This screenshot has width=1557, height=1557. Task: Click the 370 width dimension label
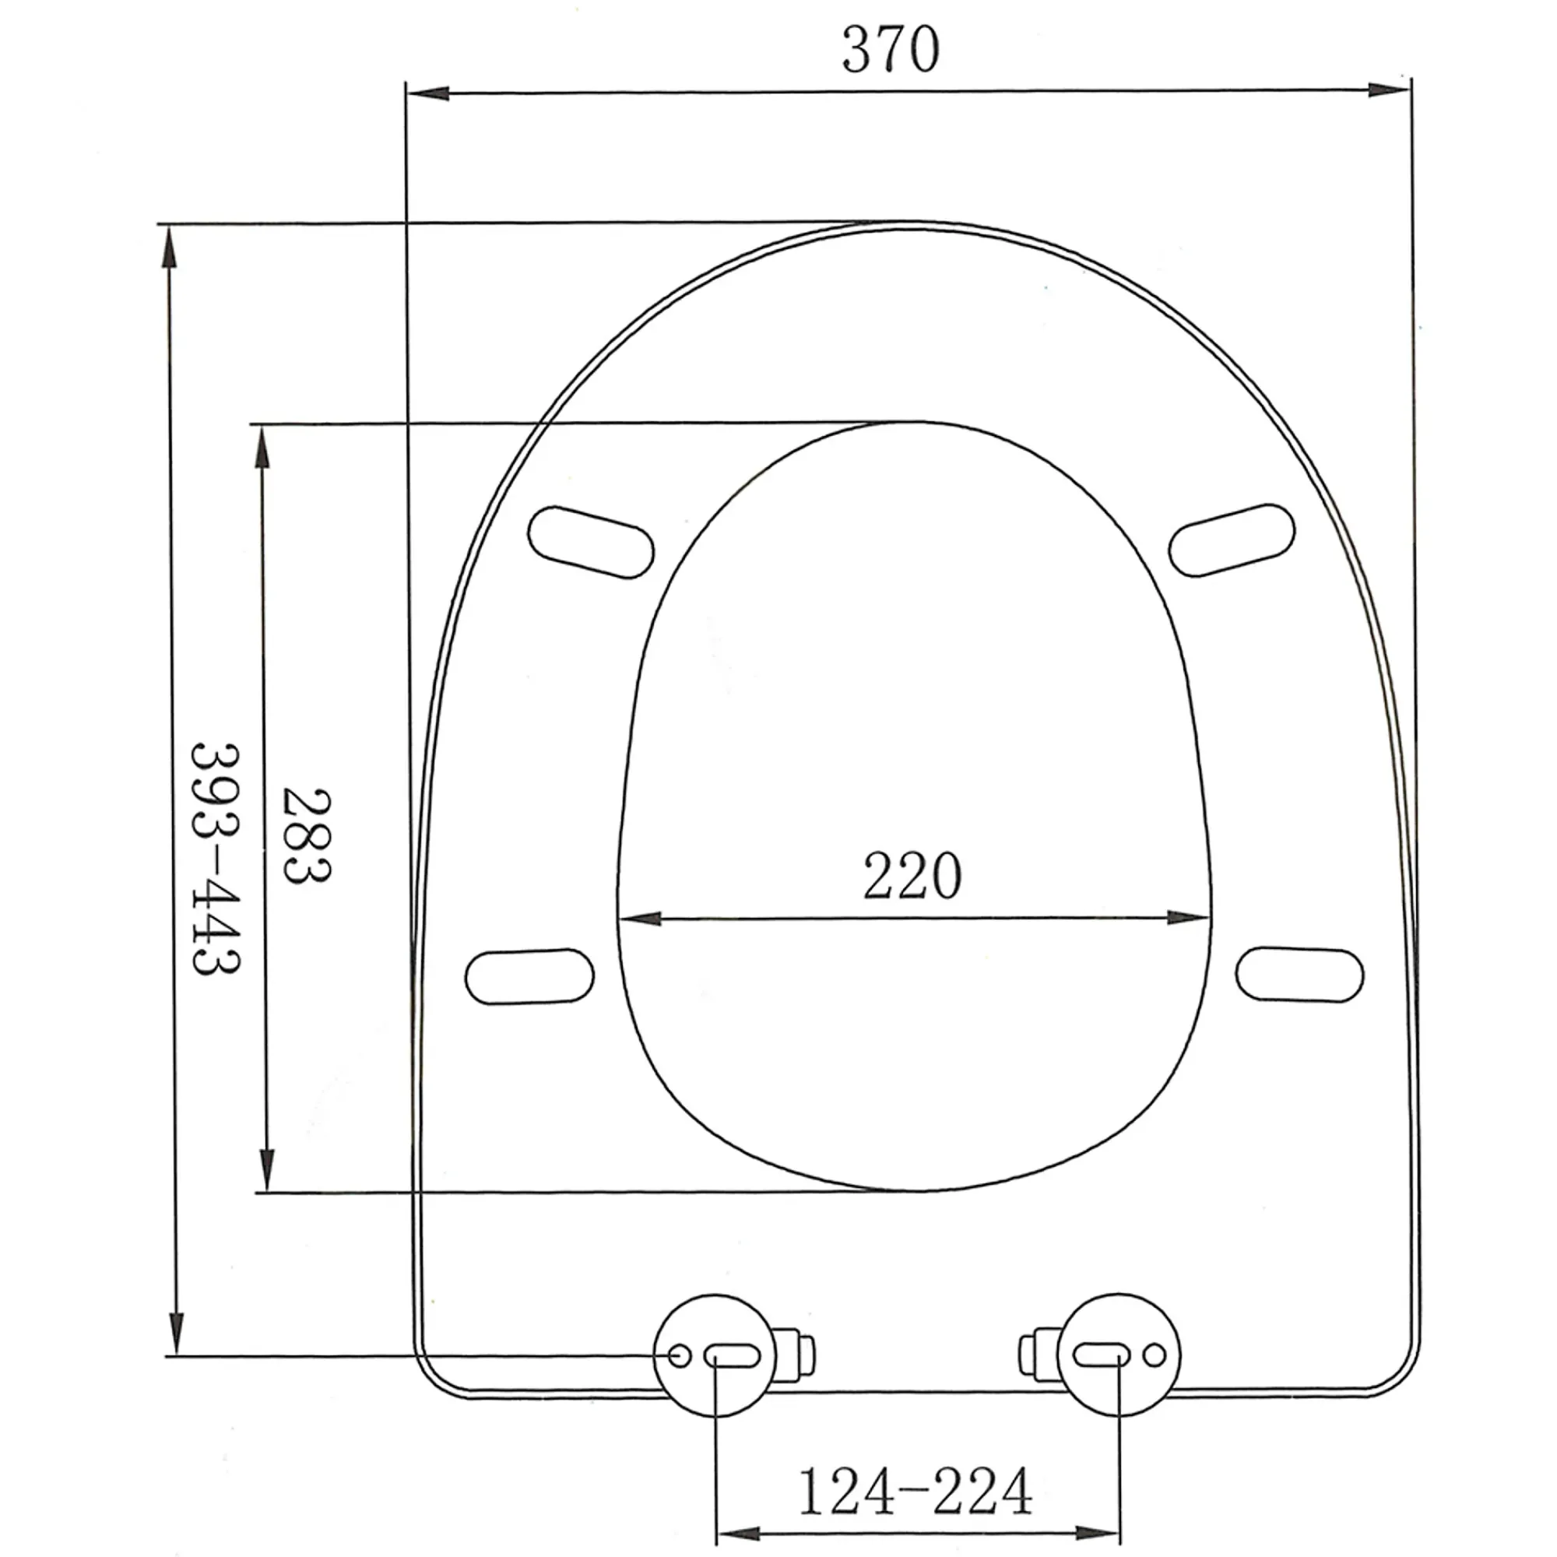(x=891, y=49)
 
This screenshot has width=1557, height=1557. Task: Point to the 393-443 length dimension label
(x=216, y=860)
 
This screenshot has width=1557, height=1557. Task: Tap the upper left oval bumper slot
(x=592, y=542)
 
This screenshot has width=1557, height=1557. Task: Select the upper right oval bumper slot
(x=1232, y=541)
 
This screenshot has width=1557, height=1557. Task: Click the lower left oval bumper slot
(x=529, y=976)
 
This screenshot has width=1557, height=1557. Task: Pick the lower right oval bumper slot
(x=1300, y=975)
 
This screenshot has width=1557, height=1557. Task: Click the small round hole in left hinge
(x=680, y=1355)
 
